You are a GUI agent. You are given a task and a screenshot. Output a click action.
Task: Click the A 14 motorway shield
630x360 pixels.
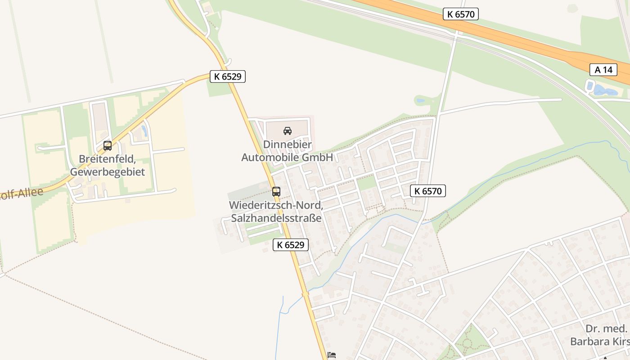[603, 70]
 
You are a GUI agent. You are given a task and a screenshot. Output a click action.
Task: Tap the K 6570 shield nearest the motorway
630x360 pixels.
[461, 14]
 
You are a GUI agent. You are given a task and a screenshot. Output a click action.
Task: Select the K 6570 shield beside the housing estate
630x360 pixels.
[427, 191]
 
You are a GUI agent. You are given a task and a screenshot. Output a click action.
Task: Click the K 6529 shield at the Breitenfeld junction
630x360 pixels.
[228, 76]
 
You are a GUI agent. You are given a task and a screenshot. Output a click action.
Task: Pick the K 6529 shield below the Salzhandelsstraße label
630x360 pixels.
[291, 245]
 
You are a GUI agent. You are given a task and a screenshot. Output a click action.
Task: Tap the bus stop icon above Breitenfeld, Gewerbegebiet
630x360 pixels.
[107, 146]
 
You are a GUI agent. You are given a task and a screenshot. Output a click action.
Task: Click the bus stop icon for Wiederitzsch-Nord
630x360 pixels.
[276, 191]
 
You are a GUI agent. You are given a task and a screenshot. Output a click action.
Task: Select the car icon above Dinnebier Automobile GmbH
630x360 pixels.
[287, 131]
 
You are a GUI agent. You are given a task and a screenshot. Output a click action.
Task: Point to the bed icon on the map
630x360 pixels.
[332, 355]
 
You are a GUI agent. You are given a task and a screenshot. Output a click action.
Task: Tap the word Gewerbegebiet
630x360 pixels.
[107, 172]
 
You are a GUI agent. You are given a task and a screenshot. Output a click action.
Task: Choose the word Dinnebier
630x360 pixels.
[287, 144]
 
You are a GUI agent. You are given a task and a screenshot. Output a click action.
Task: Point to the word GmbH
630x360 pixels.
[318, 157]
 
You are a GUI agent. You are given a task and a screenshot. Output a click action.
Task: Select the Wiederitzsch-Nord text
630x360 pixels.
[275, 205]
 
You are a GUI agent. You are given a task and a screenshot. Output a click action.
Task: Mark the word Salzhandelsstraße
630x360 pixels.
[276, 218]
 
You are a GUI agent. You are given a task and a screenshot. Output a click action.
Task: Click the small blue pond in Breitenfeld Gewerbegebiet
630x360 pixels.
[144, 131]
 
